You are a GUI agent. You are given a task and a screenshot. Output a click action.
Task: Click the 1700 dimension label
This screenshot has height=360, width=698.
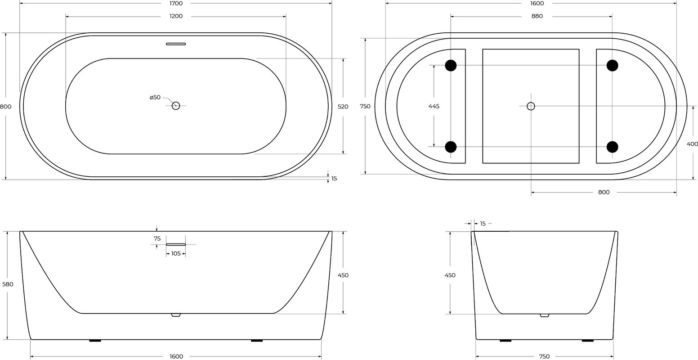click(x=176, y=4)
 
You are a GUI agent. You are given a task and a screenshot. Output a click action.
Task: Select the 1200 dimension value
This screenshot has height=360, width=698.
click(x=176, y=16)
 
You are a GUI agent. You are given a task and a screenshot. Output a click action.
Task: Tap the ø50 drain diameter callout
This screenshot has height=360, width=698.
click(x=155, y=97)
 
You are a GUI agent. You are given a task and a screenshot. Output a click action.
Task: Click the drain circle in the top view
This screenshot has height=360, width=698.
click(x=176, y=106)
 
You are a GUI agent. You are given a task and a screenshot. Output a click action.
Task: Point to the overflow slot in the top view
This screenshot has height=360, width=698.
click(x=176, y=44)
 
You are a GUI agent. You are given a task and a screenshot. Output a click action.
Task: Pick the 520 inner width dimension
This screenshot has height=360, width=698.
click(x=343, y=107)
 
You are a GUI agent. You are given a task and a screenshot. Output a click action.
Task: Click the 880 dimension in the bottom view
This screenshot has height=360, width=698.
click(x=537, y=16)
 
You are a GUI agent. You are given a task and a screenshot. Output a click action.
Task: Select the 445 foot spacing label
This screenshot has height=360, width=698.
click(x=434, y=106)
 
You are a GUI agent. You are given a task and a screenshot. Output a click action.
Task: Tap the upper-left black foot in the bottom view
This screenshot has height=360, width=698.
click(x=451, y=65)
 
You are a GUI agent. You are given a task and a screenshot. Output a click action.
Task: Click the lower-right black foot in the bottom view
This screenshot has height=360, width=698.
click(x=612, y=147)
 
